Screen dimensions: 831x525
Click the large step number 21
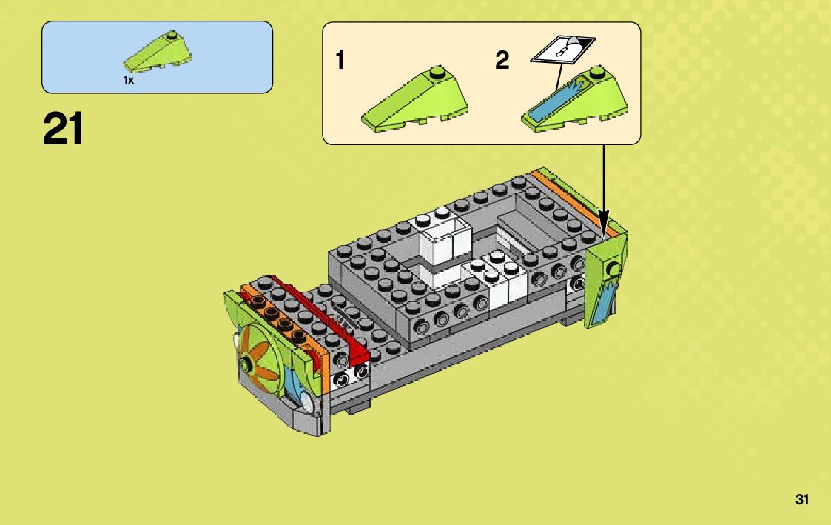tap(64, 129)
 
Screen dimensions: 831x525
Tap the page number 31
tap(802, 500)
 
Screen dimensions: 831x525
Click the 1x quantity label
tap(129, 80)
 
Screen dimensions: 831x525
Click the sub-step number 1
tap(340, 61)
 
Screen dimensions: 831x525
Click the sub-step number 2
tap(502, 61)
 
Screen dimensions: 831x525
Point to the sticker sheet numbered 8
tap(565, 51)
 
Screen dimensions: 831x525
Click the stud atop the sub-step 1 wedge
tap(437, 73)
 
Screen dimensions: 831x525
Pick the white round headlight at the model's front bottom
tap(305, 403)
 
